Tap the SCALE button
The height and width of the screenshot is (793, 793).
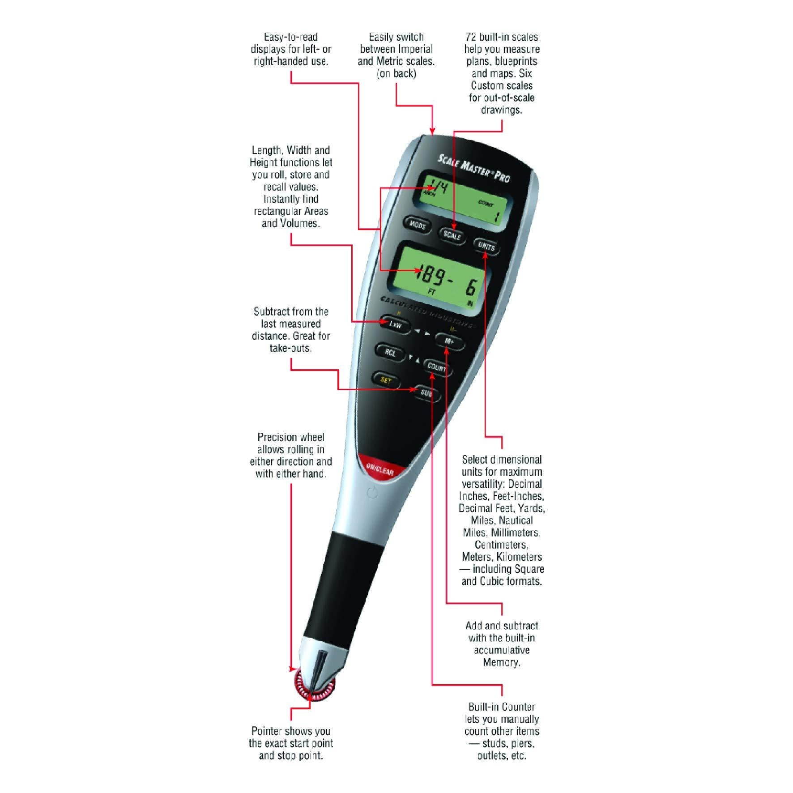(452, 235)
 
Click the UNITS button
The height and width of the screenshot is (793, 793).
(486, 247)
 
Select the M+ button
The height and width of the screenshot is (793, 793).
(449, 341)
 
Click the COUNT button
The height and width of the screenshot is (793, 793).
(436, 367)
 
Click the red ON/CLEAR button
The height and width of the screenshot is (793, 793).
(379, 469)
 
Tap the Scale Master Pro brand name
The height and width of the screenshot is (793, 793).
(473, 168)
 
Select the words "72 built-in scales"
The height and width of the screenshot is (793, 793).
(502, 37)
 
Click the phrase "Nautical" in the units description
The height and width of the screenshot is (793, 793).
(516, 520)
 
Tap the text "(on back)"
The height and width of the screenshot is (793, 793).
(396, 73)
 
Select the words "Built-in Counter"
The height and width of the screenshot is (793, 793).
(501, 707)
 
